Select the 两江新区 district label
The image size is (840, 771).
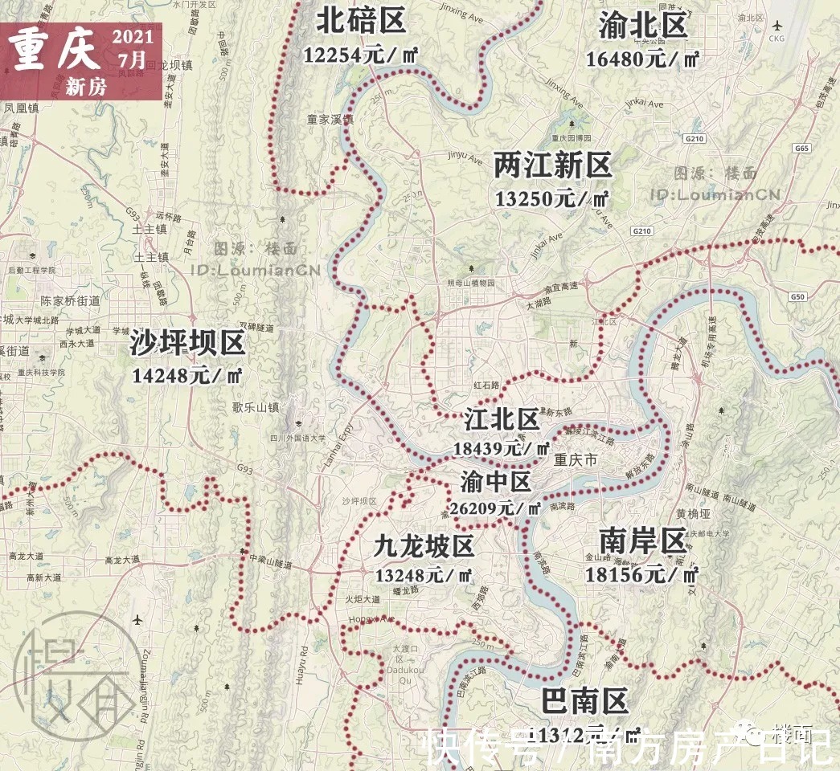[x=553, y=166]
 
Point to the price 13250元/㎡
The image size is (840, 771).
[x=551, y=198]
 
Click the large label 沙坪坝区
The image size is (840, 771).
[x=187, y=344]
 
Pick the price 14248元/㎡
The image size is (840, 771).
[x=187, y=375]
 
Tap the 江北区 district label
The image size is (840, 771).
[x=502, y=419]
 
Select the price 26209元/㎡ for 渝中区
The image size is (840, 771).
[x=496, y=508]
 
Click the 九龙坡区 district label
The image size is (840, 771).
[x=424, y=546]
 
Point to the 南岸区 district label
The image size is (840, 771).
[x=641, y=541]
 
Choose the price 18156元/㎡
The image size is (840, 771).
[x=641, y=573]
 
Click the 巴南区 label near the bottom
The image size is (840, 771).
[x=584, y=701]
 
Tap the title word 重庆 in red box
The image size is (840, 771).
[x=55, y=50]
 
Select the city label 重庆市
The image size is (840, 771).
[x=576, y=461]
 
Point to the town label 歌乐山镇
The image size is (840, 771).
[x=255, y=407]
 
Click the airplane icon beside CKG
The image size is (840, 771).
[x=776, y=24]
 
